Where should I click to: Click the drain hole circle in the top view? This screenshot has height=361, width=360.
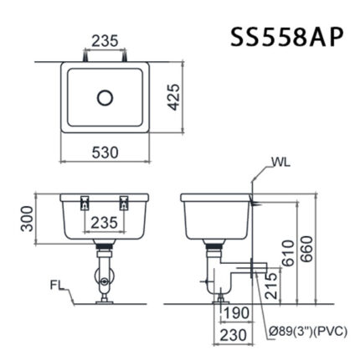pos(105,97)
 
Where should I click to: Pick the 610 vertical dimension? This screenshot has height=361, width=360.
pos(288,251)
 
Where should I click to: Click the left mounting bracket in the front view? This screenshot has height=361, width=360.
pos(84,202)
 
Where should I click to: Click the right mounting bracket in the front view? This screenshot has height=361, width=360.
pos(125,202)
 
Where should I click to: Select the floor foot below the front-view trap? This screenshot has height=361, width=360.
pos(104,295)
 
